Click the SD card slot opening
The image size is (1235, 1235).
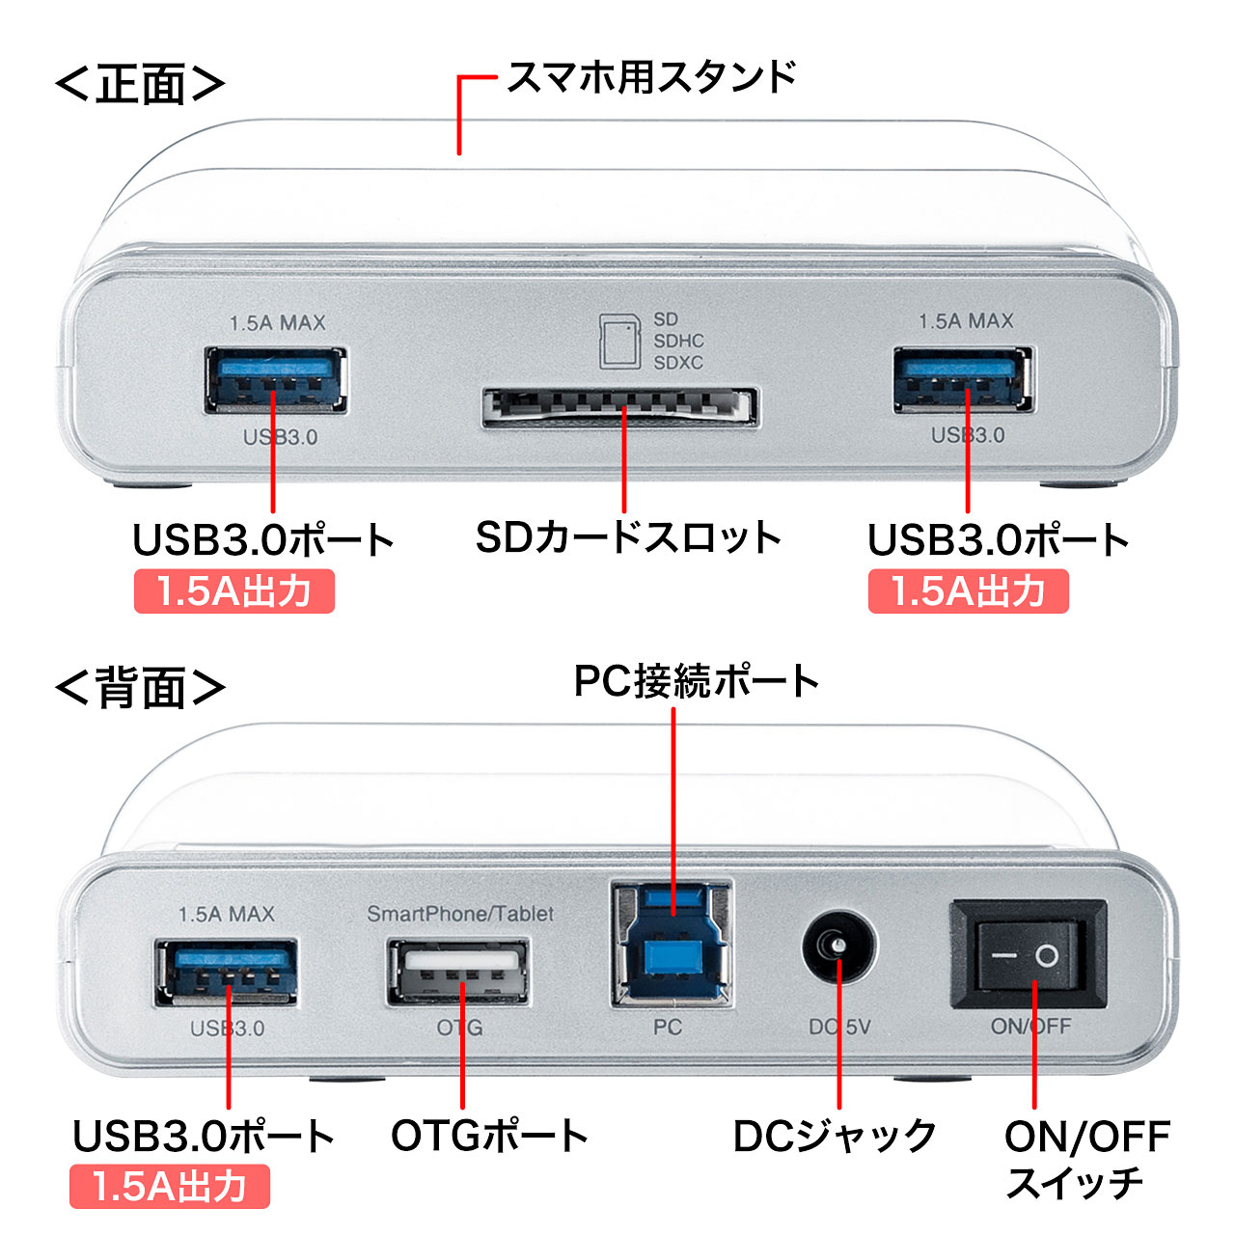pyautogui.click(x=619, y=407)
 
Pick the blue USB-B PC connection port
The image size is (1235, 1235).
pyautogui.click(x=672, y=944)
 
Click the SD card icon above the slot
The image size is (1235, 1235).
pyautogui.click(x=619, y=341)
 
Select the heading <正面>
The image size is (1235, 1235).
pyautogui.click(x=140, y=85)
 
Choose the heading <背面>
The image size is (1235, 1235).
pyautogui.click(x=140, y=688)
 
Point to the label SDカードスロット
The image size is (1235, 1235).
pyautogui.click(x=628, y=537)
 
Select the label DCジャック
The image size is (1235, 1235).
pyautogui.click(x=835, y=1136)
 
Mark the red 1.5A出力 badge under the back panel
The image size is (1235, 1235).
pyautogui.click(x=170, y=1187)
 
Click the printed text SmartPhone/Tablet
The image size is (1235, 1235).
pyautogui.click(x=460, y=914)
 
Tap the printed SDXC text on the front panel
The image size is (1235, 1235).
pyautogui.click(x=678, y=363)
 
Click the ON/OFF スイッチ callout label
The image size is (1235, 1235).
pyautogui.click(x=1086, y=1159)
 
